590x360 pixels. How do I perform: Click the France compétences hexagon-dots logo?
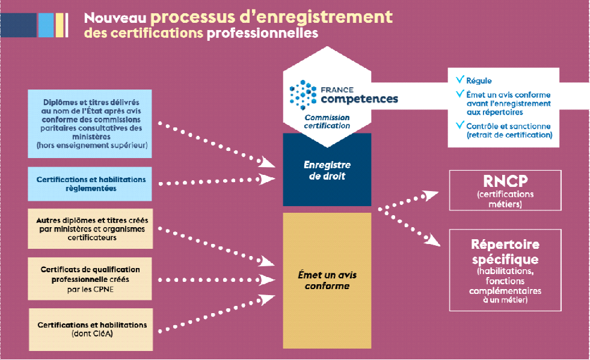coord(303,93)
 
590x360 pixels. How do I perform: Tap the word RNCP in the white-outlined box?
coord(505,182)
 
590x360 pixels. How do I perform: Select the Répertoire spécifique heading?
coord(505,252)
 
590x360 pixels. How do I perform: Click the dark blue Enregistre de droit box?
coord(327,169)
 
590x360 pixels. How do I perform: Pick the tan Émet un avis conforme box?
coord(327,280)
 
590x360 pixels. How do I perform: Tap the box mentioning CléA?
coord(90,329)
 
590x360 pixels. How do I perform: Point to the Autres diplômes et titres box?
coord(90,228)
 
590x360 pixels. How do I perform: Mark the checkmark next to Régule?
coord(460,79)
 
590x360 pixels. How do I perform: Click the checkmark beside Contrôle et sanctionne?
coord(460,125)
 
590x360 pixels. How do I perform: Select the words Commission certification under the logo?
coord(327,121)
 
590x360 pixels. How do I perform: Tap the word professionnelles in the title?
coord(262,33)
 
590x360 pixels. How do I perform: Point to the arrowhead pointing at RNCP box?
coord(430,195)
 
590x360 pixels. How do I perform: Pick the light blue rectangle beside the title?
coord(46,25)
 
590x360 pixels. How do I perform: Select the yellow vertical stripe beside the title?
coord(60,25)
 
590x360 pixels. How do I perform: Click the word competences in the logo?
coord(358,98)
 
